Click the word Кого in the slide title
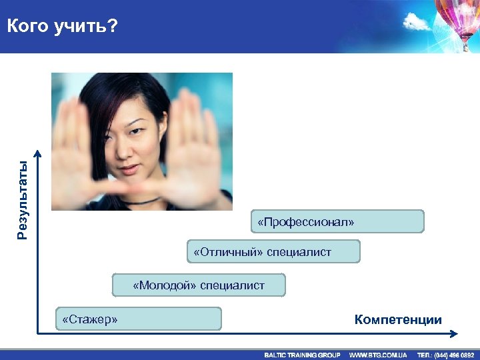(x=28, y=27)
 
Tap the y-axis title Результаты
(x=23, y=200)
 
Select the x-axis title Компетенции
(x=398, y=320)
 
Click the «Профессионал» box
(x=337, y=221)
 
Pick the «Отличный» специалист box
(x=273, y=251)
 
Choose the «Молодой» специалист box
(x=199, y=285)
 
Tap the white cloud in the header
(x=417, y=24)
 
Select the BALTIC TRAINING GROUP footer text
(x=302, y=355)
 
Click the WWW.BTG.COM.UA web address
(x=378, y=355)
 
